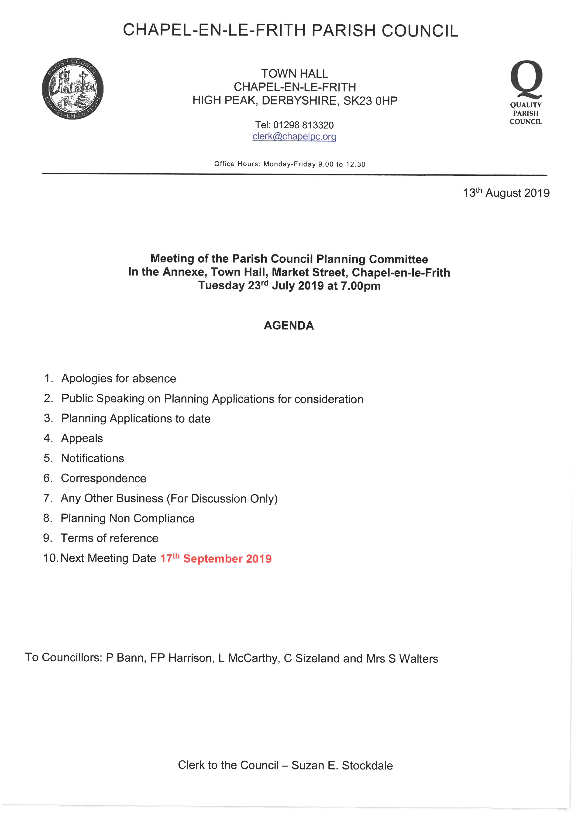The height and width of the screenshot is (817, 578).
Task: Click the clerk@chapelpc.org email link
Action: click(294, 137)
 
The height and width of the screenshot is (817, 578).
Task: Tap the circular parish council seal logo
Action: click(73, 88)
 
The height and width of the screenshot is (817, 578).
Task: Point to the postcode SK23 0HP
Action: click(370, 101)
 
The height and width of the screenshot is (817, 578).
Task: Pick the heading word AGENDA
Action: click(289, 326)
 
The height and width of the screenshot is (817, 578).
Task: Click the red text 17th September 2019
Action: click(216, 558)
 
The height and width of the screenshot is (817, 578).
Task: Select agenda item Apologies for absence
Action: click(119, 379)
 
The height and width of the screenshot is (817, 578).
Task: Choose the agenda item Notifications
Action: click(93, 458)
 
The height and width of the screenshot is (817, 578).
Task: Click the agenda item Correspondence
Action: click(103, 478)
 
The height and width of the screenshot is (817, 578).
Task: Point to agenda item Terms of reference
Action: click(109, 538)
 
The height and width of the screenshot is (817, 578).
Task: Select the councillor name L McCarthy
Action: click(249, 658)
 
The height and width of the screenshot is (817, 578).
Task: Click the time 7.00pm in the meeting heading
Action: click(361, 286)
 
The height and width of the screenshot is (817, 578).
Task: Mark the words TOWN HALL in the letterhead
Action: click(295, 74)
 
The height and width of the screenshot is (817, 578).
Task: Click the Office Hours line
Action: click(290, 164)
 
